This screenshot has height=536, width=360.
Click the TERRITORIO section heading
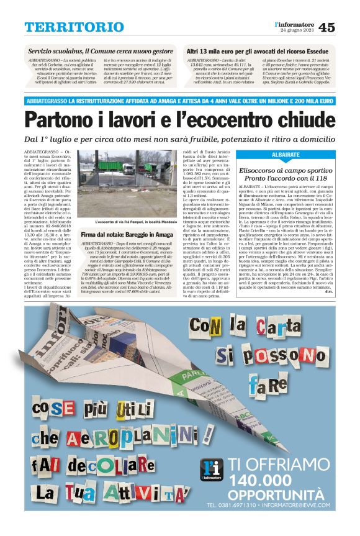(x=74, y=27)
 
